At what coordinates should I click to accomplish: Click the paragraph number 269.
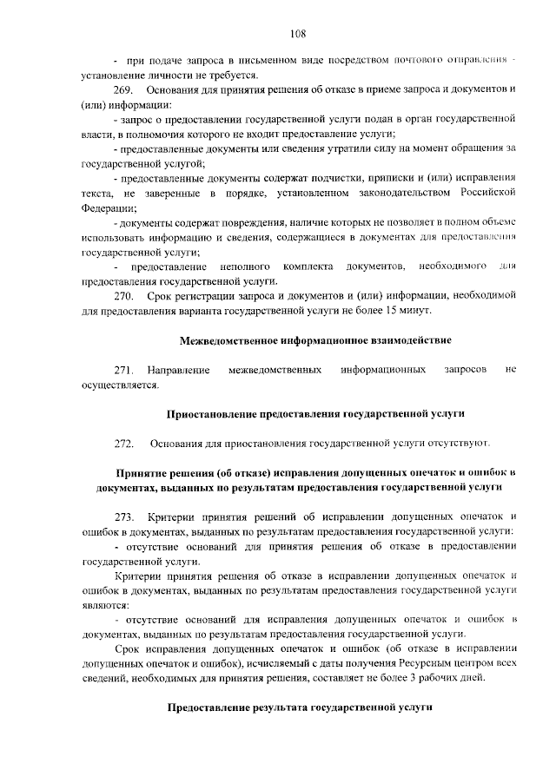click(122, 90)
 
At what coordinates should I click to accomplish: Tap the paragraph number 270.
click(122, 295)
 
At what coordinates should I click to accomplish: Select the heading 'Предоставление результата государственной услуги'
click(300, 708)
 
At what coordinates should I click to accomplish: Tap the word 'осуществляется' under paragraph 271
click(119, 385)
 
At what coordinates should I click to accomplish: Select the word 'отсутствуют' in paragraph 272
click(463, 444)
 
